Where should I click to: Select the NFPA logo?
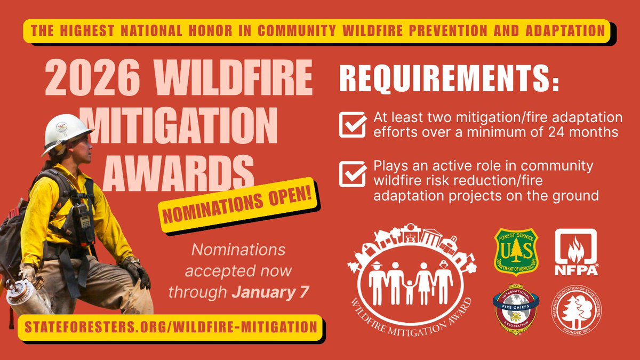coord(575,252)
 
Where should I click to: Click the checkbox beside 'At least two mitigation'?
coord(353,125)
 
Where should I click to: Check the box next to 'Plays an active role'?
coord(353,174)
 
